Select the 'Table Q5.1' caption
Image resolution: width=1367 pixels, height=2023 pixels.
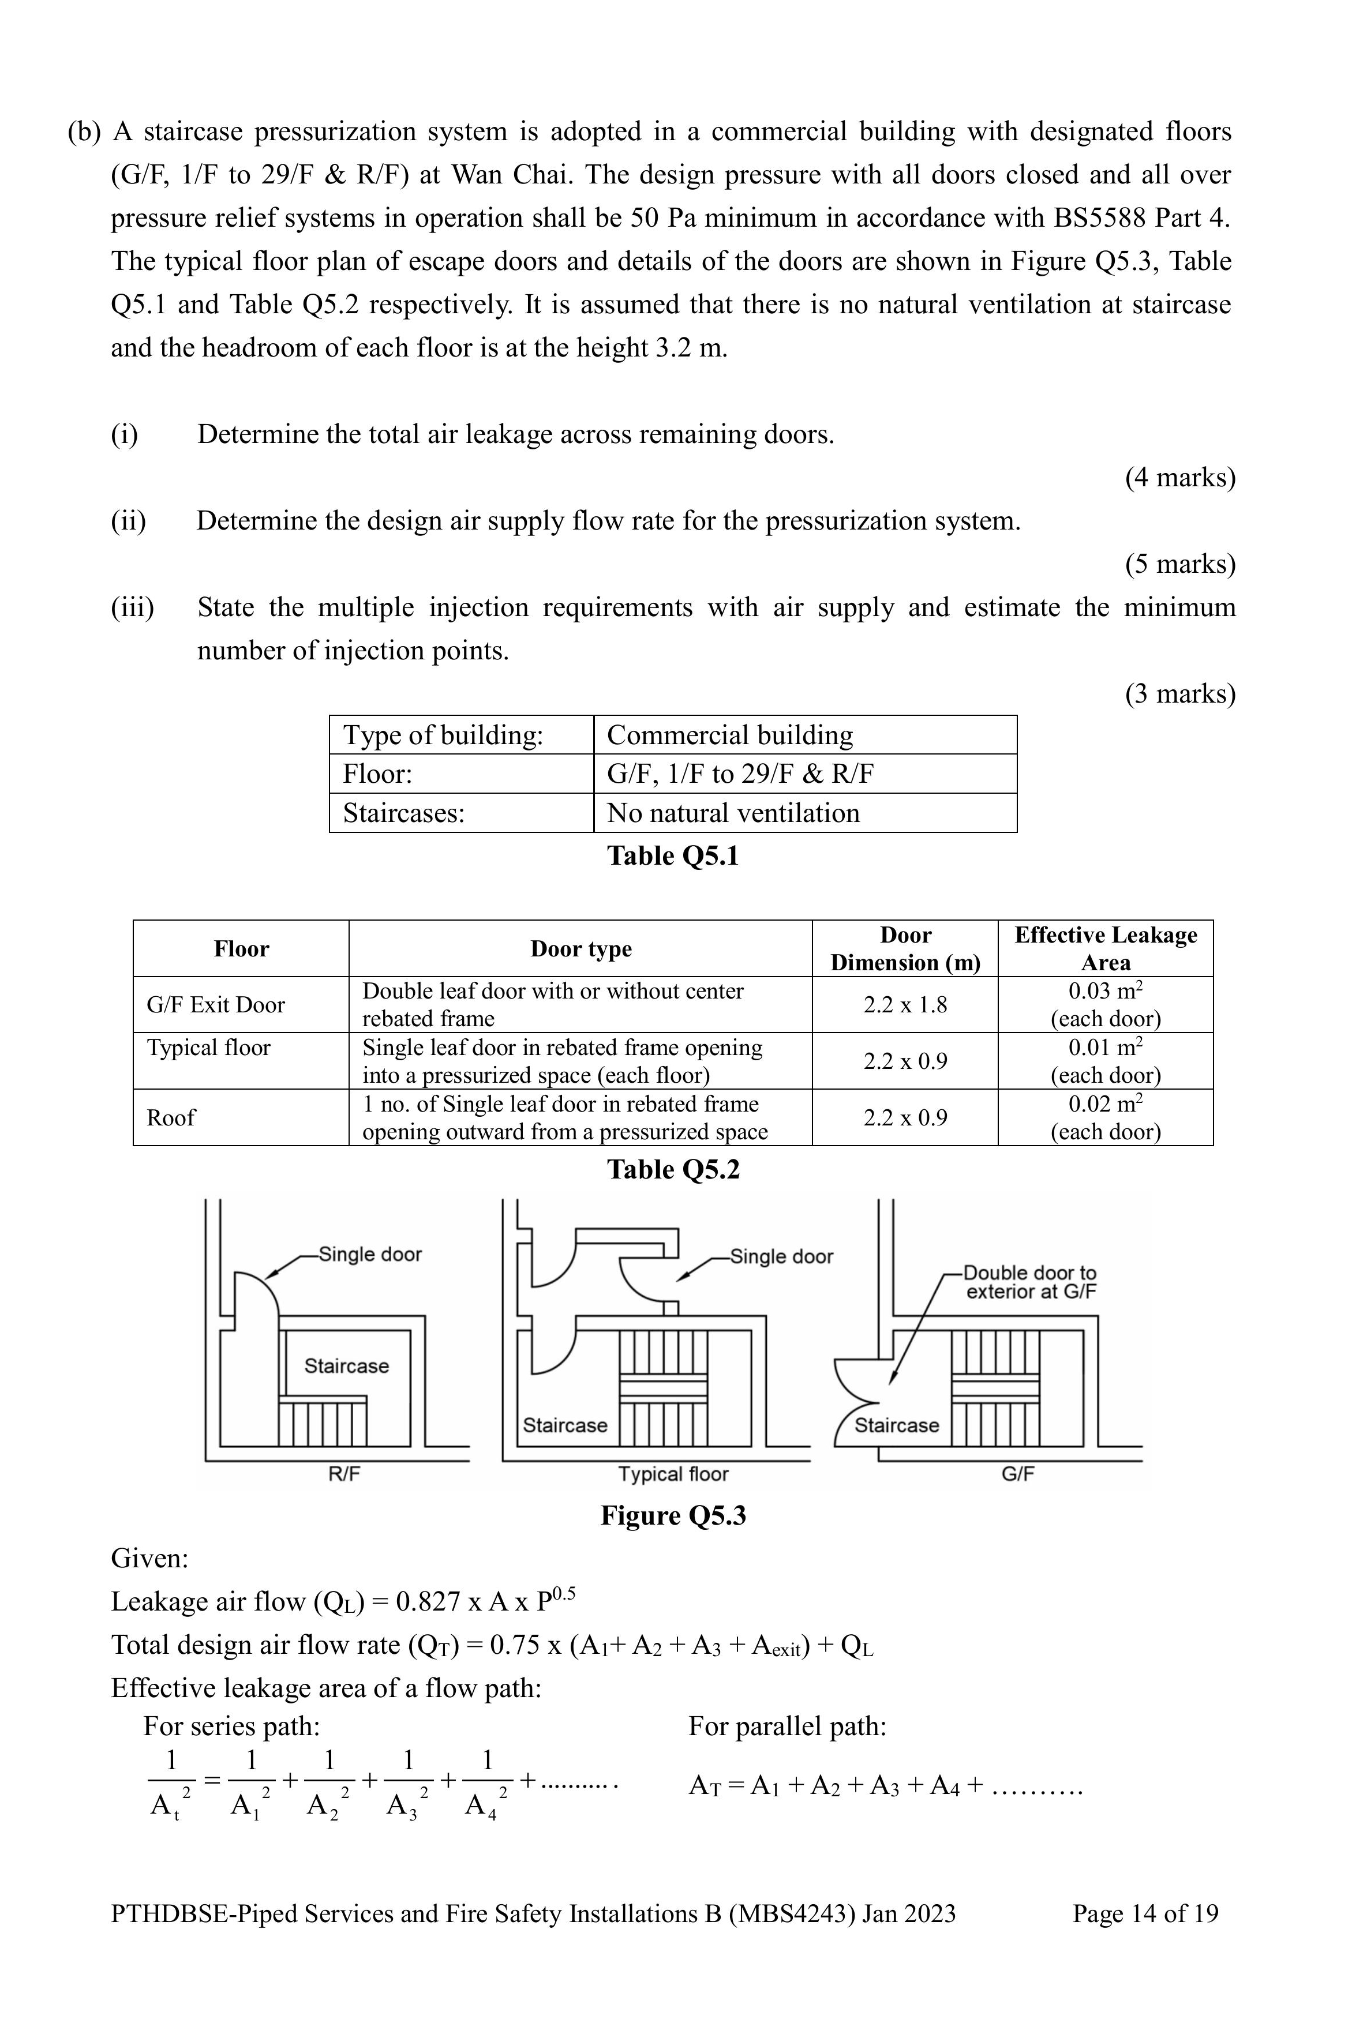[672, 855]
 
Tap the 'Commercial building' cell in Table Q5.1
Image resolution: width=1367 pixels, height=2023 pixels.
[729, 735]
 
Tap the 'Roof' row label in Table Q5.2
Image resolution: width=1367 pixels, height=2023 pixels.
[171, 1118]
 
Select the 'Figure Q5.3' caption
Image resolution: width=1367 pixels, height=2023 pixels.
[673, 1515]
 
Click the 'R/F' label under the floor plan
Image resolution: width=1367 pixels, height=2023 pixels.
[344, 1474]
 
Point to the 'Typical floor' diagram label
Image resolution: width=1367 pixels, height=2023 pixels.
[673, 1474]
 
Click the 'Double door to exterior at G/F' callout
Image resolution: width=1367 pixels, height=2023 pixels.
[1029, 1282]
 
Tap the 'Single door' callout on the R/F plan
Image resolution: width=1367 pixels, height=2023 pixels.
[370, 1255]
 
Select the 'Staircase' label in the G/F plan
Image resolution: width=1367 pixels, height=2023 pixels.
[897, 1425]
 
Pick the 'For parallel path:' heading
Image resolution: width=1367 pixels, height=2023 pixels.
[787, 1726]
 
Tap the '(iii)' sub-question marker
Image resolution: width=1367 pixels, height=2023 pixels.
[132, 607]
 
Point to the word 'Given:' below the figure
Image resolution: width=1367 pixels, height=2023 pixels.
[150, 1558]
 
